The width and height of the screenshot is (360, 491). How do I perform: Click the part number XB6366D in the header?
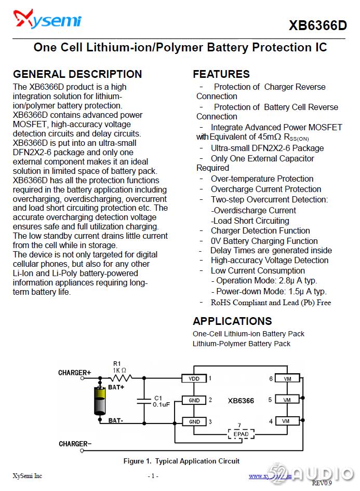317,25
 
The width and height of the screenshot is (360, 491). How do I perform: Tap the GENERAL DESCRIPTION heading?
77,74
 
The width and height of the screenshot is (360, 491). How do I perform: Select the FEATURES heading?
221,74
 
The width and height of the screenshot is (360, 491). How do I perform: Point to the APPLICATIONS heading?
232,321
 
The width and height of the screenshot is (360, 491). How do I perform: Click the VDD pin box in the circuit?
194,379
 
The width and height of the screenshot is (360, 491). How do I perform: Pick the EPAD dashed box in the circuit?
239,433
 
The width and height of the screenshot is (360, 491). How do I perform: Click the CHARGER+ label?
74,373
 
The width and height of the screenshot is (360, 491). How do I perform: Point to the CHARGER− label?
75,444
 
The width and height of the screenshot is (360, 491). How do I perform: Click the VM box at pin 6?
287,379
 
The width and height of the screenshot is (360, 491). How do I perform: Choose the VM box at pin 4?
287,421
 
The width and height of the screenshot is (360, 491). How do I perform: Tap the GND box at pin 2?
194,400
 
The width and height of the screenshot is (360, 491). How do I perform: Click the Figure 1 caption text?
181,461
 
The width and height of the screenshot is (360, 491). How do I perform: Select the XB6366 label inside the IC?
241,400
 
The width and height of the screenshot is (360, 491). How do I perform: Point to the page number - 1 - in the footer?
153,475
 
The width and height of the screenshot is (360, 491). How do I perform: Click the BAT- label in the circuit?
116,420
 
